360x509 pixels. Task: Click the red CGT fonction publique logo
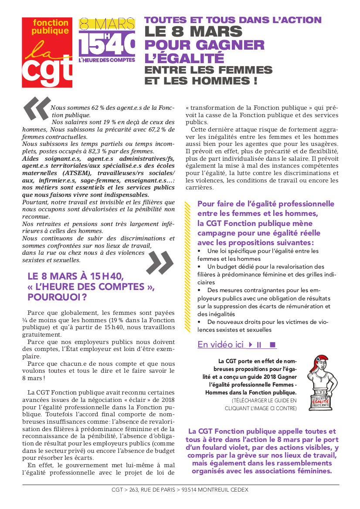[x=47, y=52]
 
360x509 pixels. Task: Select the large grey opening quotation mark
[x=37, y=108]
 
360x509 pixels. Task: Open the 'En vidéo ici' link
[x=220, y=345]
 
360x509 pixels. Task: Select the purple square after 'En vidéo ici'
[x=273, y=345]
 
